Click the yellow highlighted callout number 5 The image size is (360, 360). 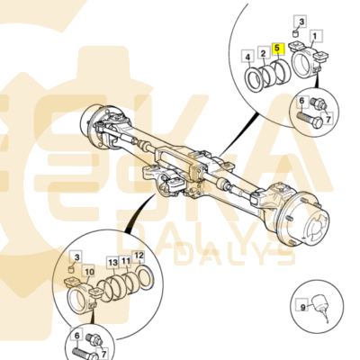click(x=277, y=48)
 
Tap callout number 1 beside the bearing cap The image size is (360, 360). click(x=315, y=36)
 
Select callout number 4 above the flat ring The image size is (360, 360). click(x=247, y=57)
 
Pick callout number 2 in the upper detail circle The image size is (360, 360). click(x=263, y=54)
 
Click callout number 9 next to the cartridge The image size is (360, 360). click(x=302, y=308)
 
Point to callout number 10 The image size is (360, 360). click(x=89, y=272)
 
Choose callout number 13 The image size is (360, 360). click(x=112, y=263)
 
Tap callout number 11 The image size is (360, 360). click(x=125, y=261)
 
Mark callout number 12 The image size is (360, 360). click(x=139, y=256)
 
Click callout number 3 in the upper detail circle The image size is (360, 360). click(x=301, y=22)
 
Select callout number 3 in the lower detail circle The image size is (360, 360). click(x=76, y=257)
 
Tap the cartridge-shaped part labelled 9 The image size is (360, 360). click(x=320, y=303)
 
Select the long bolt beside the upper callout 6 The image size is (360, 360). click(x=310, y=120)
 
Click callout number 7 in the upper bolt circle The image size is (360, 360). click(x=328, y=119)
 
